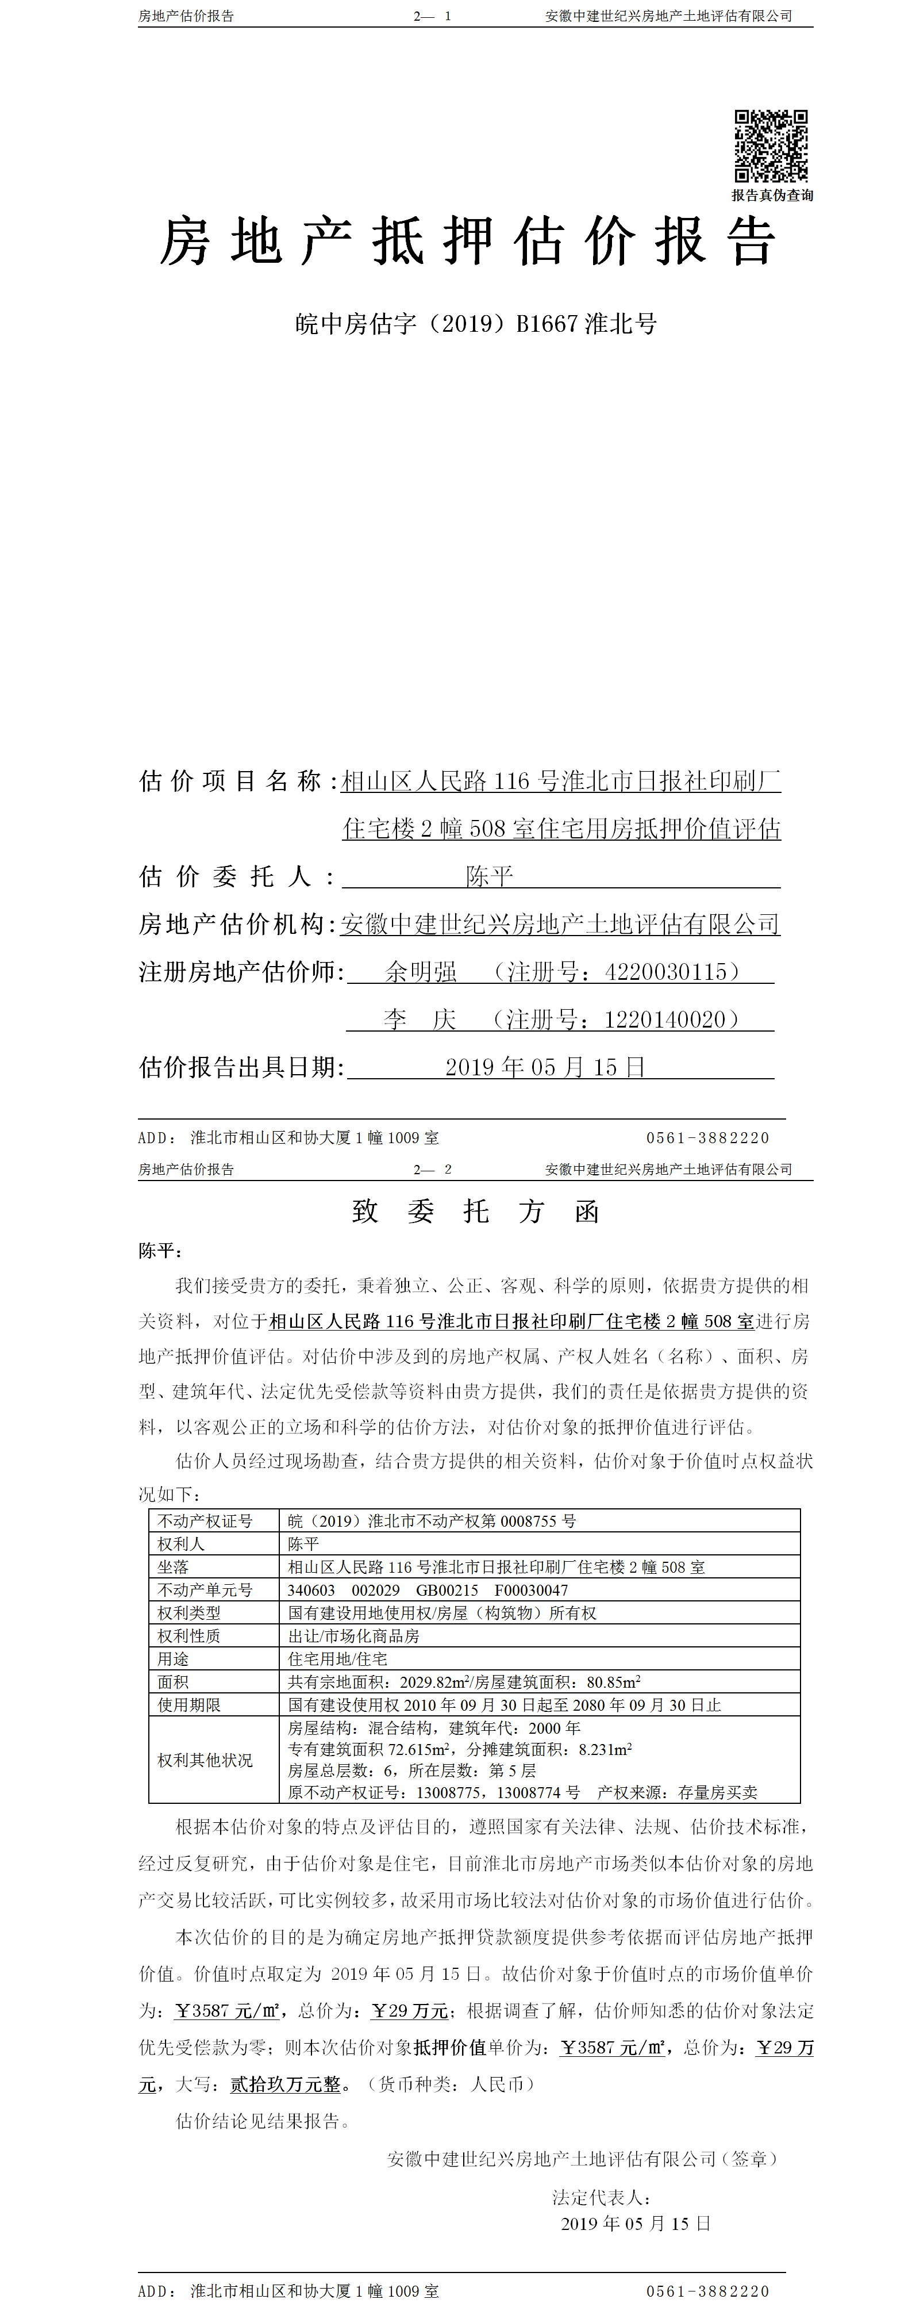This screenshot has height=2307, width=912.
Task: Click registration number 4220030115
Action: coord(666,972)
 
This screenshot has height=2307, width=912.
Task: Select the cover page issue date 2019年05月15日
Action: coord(545,1067)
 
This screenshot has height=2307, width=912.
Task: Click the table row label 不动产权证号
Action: coord(205,1521)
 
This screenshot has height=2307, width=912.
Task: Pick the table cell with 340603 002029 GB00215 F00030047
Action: coord(428,1589)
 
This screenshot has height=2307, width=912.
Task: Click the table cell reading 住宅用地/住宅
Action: coord(337,1658)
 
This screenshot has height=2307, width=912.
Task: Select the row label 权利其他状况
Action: coord(205,1760)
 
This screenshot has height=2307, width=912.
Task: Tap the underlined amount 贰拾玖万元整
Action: coord(286,2084)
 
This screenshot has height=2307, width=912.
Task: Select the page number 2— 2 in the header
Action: coord(432,1168)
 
